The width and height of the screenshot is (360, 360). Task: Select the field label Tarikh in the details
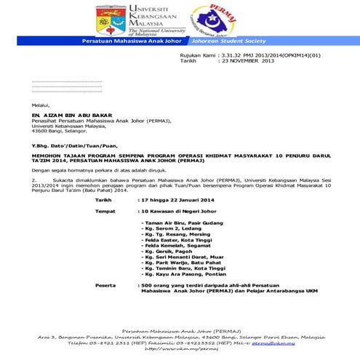[104, 198]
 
